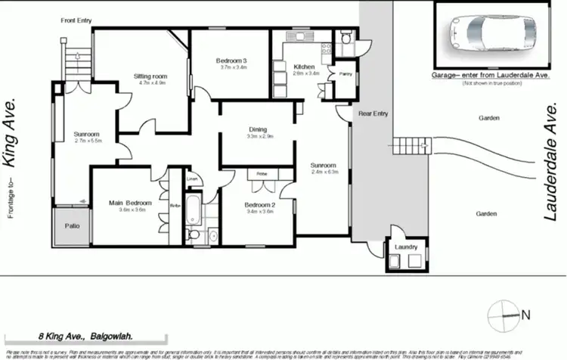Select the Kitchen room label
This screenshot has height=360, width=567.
tap(304, 67)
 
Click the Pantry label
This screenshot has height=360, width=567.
tap(346, 73)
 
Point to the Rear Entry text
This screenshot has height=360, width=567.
tap(373, 113)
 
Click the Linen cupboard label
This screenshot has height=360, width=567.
tap(192, 179)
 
